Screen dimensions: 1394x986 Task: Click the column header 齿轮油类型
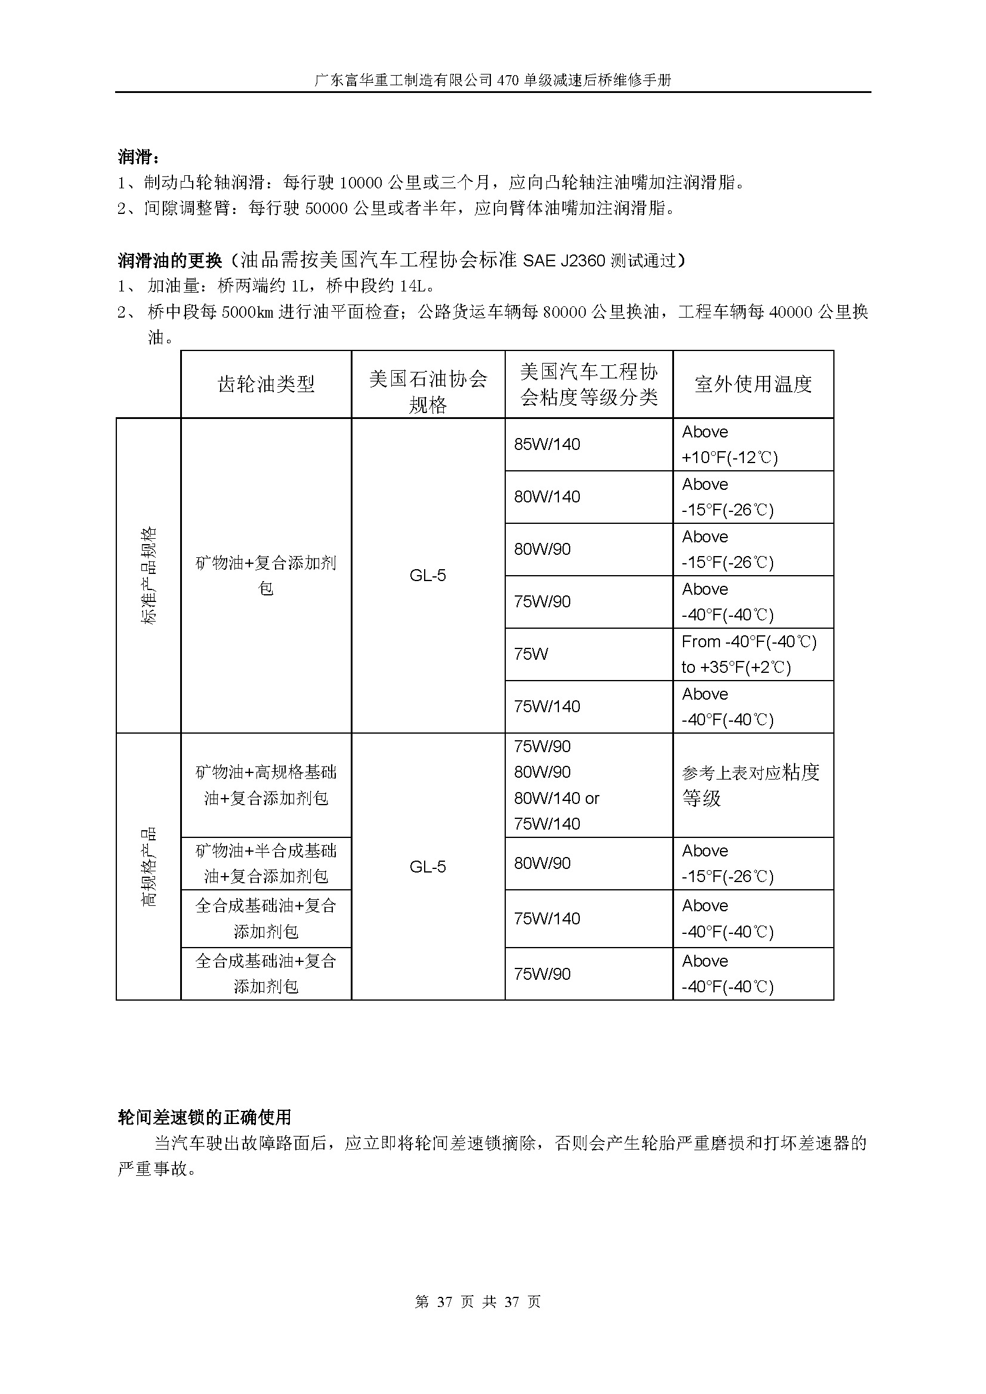click(x=266, y=384)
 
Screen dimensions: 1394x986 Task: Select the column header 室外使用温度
click(x=753, y=384)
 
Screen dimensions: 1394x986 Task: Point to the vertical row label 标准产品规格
click(x=149, y=576)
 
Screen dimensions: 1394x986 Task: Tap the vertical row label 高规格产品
click(x=149, y=867)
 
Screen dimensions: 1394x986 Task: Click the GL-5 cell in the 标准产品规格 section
click(x=428, y=576)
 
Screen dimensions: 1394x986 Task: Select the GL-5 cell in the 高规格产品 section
click(x=428, y=867)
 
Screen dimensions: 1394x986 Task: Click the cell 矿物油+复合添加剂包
click(x=266, y=576)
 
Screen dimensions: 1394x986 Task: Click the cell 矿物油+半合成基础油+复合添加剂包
click(x=266, y=864)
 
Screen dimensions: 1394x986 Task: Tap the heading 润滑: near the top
click(x=139, y=157)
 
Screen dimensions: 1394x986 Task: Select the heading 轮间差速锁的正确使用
click(x=205, y=1117)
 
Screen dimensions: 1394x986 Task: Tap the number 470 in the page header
click(x=506, y=80)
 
